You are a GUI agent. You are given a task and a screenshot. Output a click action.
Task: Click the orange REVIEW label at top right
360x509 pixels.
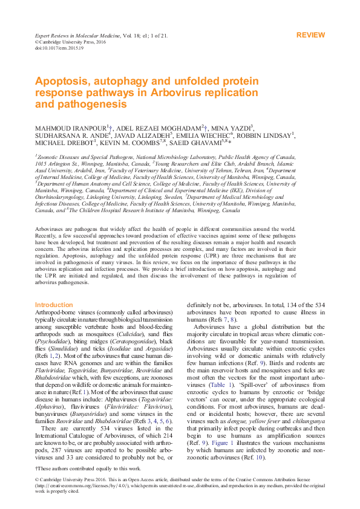[x=310, y=36]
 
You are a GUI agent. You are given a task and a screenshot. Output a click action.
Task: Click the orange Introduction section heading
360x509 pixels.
[x=54, y=305]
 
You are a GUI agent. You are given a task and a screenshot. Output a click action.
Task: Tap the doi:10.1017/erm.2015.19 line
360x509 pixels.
[x=59, y=48]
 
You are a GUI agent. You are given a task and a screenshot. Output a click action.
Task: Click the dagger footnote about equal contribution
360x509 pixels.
[x=89, y=468]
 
